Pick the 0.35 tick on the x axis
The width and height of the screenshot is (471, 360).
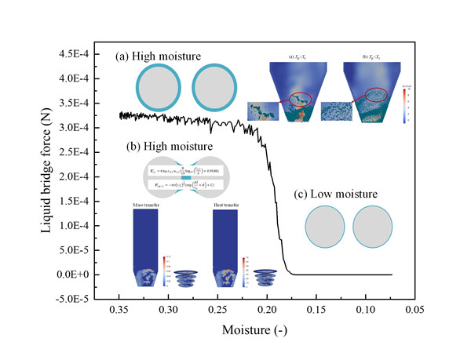(119, 310)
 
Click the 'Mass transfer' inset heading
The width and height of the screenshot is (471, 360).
(148, 205)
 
